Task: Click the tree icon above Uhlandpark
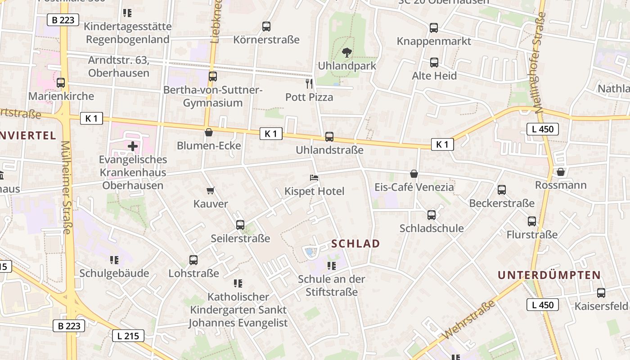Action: click(x=346, y=53)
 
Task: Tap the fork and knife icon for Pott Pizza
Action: click(x=309, y=83)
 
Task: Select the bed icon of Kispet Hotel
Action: click(x=314, y=178)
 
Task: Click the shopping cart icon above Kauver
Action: click(x=210, y=191)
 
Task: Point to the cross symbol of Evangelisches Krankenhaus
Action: click(x=133, y=146)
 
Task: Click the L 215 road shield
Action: click(x=128, y=335)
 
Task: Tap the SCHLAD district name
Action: click(x=355, y=244)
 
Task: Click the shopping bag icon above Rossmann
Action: click(x=561, y=172)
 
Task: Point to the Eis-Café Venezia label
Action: click(x=414, y=187)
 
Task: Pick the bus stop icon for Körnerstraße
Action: click(x=266, y=27)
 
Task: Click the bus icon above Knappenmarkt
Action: click(x=434, y=28)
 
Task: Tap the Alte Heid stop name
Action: click(x=434, y=76)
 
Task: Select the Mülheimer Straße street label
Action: click(x=67, y=187)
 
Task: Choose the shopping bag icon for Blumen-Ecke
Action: click(x=209, y=132)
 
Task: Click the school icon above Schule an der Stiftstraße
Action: click(x=332, y=266)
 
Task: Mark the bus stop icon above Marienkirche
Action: click(x=61, y=83)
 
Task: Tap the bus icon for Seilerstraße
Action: click(x=240, y=225)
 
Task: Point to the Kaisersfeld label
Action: click(x=601, y=306)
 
